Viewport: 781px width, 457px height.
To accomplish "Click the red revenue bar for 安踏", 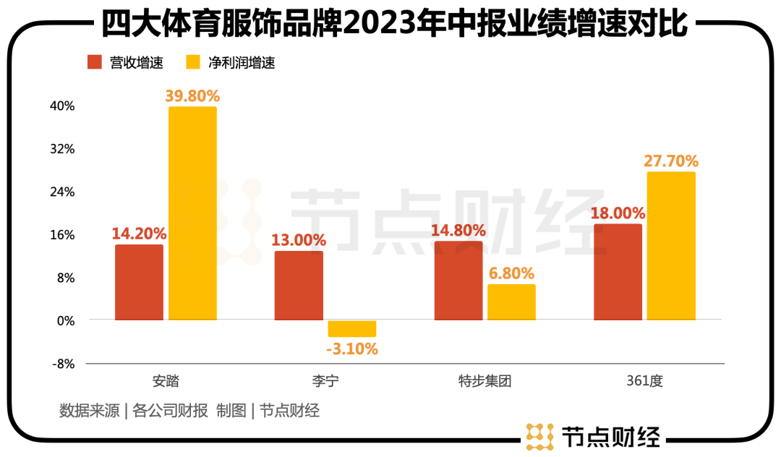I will [139, 282].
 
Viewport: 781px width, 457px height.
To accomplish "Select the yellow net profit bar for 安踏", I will [192, 213].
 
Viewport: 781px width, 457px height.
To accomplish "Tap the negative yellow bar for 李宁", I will [352, 328].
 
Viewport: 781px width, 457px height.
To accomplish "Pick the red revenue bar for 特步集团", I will [458, 281].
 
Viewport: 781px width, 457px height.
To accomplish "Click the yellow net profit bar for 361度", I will [671, 246].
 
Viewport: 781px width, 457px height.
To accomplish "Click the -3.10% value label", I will [352, 349].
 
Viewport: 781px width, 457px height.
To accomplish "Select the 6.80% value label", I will [511, 273].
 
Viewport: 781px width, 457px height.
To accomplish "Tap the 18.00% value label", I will [618, 213].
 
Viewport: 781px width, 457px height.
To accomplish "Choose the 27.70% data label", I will [671, 161].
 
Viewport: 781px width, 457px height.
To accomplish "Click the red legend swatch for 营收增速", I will [95, 62].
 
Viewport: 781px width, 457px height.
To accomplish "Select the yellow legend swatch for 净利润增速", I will [193, 62].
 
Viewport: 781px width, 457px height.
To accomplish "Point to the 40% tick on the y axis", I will [63, 106].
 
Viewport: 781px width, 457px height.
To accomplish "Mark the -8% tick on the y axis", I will [63, 364].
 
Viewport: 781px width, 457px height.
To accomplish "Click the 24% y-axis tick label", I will [63, 192].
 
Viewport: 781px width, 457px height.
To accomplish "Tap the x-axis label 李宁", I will [325, 380].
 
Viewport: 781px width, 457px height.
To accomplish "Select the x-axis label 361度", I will [644, 380].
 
